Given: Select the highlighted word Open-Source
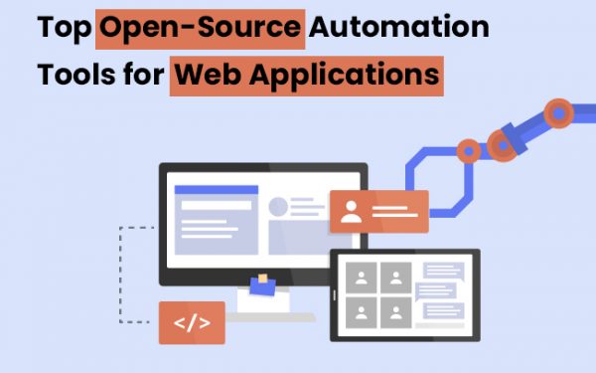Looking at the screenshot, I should click(199, 27).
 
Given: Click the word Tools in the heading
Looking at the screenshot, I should click(75, 74).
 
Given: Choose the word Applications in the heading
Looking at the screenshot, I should click(343, 74).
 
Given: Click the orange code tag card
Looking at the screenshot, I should click(192, 322).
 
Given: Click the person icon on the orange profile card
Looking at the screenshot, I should click(351, 211).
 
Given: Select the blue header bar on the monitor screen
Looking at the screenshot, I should click(216, 189).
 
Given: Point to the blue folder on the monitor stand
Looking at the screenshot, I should click(262, 288).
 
